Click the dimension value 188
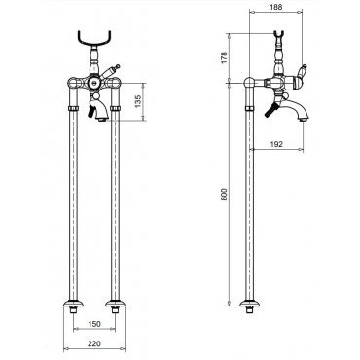(x=276, y=7)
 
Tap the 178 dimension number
(x=224, y=57)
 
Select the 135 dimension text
(x=138, y=101)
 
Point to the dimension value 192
(x=276, y=144)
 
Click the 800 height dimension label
(x=224, y=195)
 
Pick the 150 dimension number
(x=94, y=324)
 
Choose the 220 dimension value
(x=94, y=343)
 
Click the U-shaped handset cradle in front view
(x=94, y=41)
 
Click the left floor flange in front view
(x=73, y=304)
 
